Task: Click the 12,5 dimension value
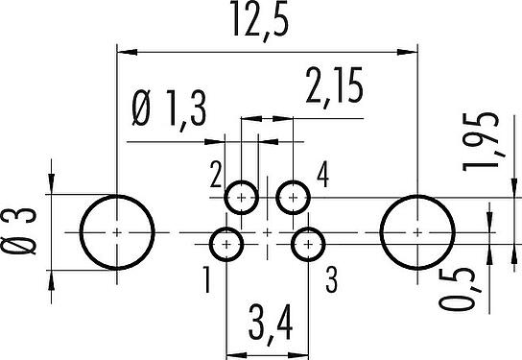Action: click(x=260, y=20)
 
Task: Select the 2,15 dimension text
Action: click(x=334, y=87)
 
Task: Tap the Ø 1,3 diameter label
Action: click(x=169, y=109)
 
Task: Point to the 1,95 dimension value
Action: click(x=482, y=142)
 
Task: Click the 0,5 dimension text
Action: click(x=460, y=289)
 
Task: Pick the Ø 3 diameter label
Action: click(x=18, y=231)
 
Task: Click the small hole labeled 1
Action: click(x=226, y=245)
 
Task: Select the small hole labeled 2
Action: click(x=242, y=198)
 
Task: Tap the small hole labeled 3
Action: click(x=308, y=245)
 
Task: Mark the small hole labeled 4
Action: click(x=293, y=198)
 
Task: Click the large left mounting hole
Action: click(x=117, y=232)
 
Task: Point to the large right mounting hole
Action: click(x=417, y=232)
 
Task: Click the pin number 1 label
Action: click(x=207, y=280)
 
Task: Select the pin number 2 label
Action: click(x=216, y=175)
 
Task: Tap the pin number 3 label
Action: click(x=331, y=280)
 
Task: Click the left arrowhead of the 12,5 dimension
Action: click(x=128, y=52)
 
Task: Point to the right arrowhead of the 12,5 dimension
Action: click(x=407, y=52)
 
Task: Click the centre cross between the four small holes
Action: click(x=268, y=232)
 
